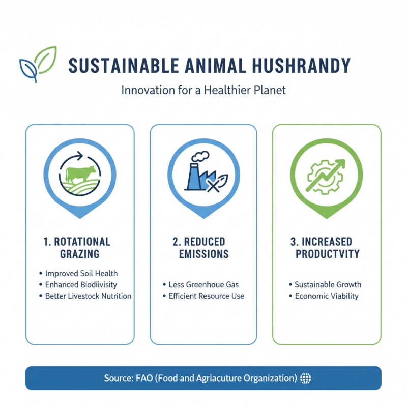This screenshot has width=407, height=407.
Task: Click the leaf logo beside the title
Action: point(37,64)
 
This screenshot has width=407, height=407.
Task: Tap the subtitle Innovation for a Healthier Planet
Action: point(203,91)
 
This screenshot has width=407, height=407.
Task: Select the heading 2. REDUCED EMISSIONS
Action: point(203,247)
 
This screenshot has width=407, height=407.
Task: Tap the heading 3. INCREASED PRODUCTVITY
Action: point(327,247)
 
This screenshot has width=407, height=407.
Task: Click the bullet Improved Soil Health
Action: point(81,273)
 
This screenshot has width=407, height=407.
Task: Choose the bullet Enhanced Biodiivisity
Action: point(81,284)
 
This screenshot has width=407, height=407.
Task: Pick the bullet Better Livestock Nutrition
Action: point(88,296)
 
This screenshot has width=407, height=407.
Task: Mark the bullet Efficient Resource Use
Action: point(206,296)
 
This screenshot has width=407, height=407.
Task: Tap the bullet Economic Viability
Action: point(327,296)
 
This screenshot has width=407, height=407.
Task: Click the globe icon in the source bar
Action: point(306,378)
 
